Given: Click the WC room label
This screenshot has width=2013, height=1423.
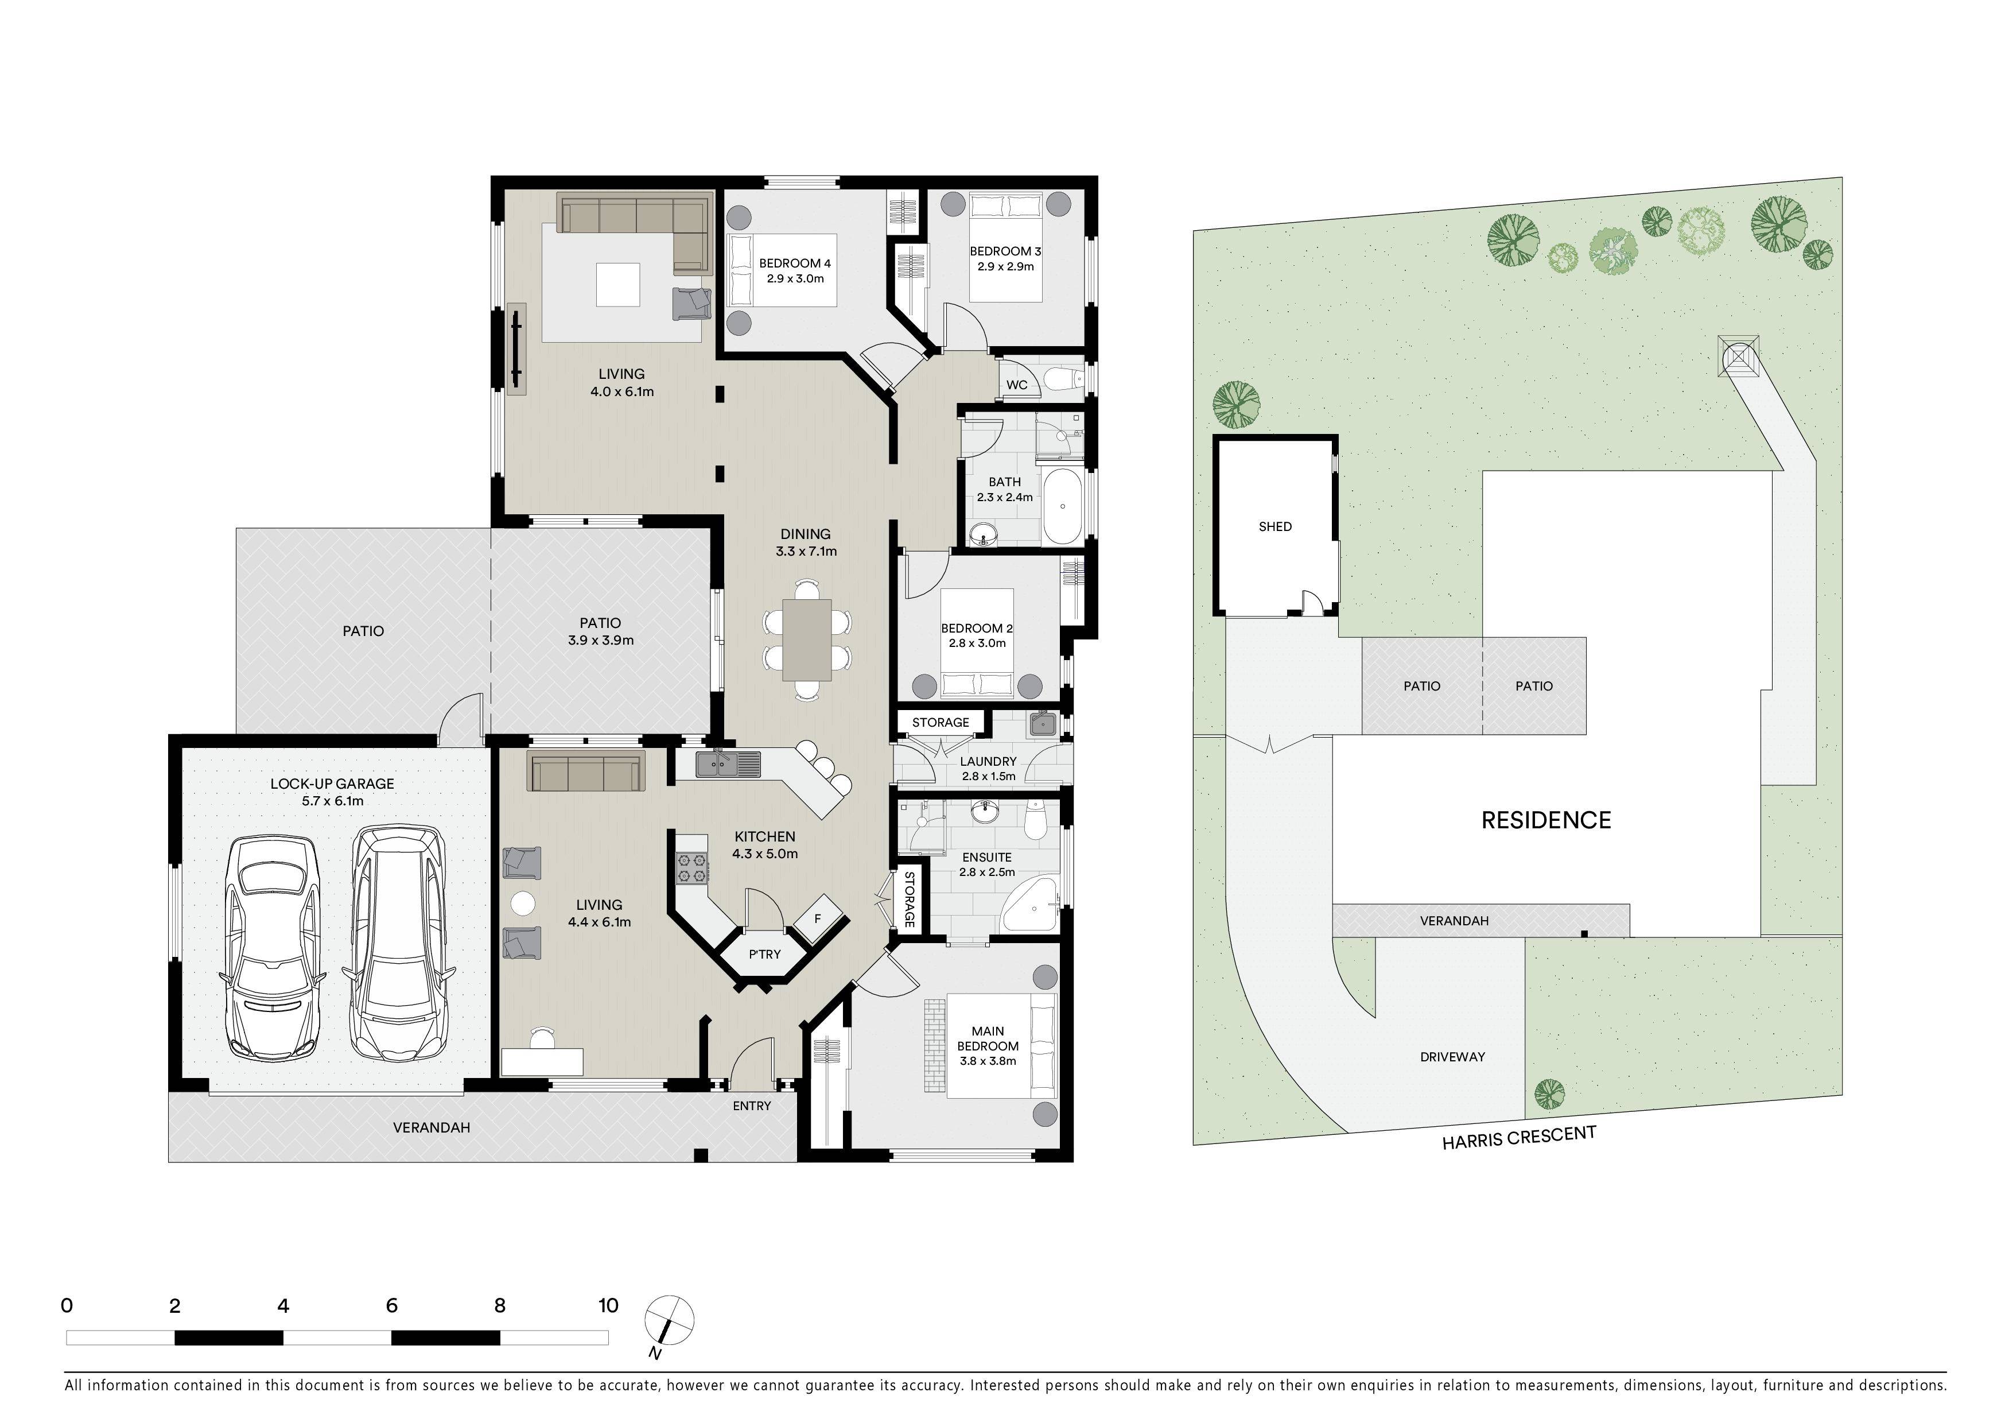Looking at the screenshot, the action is pyautogui.click(x=1017, y=385).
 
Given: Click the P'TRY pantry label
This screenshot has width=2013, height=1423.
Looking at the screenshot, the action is pyautogui.click(x=764, y=954).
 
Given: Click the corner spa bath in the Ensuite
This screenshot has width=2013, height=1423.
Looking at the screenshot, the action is pyautogui.click(x=1029, y=903).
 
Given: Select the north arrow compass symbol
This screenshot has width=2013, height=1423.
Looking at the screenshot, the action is pyautogui.click(x=669, y=1321).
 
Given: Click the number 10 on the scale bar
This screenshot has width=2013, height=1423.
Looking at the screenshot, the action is pyautogui.click(x=608, y=1305).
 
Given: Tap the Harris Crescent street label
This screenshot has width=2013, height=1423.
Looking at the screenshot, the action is pyautogui.click(x=1518, y=1137).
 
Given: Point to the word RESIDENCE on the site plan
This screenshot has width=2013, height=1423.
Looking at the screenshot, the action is pyautogui.click(x=1546, y=820).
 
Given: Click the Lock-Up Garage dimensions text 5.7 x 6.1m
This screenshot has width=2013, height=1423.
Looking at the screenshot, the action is pyautogui.click(x=332, y=801).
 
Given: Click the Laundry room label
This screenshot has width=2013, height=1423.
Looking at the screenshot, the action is pyautogui.click(x=988, y=761).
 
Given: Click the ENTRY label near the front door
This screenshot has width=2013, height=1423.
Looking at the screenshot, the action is pyautogui.click(x=751, y=1106).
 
